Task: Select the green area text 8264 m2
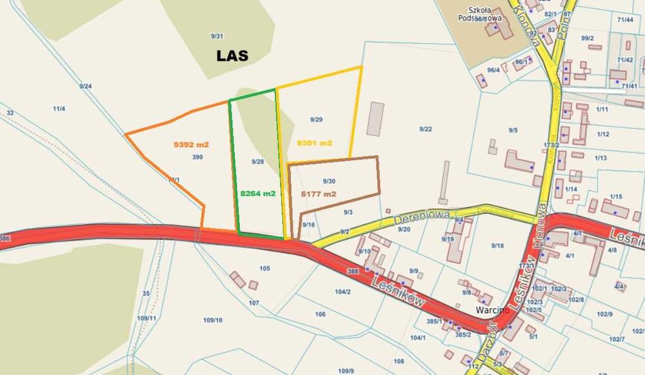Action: tap(258, 192)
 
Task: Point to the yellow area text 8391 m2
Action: tap(315, 143)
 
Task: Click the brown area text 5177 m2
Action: tap(319, 193)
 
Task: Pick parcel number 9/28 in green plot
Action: tap(258, 161)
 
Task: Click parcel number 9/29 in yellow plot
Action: tap(316, 119)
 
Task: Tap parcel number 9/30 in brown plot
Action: tap(329, 181)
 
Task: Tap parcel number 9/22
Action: tap(425, 129)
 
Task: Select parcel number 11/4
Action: tap(59, 109)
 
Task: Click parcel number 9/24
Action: tap(85, 86)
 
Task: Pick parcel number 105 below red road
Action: tap(264, 268)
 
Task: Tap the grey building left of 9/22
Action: tap(375, 119)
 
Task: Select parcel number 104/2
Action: tap(342, 292)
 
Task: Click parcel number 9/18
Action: tap(497, 245)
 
